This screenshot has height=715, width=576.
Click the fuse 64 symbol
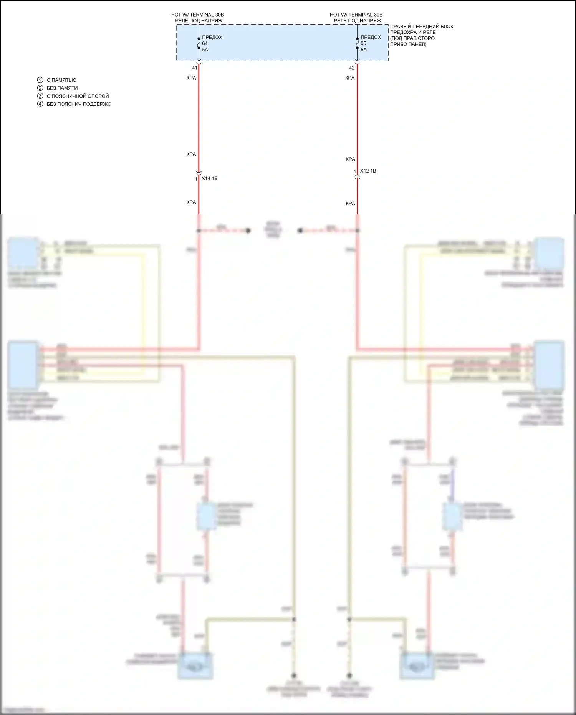click(199, 43)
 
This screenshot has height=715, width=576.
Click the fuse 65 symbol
click(358, 43)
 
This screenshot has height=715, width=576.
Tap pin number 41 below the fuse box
click(195, 68)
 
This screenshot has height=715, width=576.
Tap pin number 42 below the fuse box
click(352, 68)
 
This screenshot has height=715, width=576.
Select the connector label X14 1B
click(209, 178)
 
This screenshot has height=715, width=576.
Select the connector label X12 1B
click(368, 171)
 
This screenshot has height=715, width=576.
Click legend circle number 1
click(40, 80)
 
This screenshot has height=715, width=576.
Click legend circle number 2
click(40, 88)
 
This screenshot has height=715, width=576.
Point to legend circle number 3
click(40, 96)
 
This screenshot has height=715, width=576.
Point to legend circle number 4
click(40, 104)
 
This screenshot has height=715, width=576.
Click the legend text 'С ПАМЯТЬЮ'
click(61, 80)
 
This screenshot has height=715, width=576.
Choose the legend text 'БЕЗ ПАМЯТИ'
click(62, 88)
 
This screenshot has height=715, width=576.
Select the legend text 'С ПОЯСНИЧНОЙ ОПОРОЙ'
click(78, 96)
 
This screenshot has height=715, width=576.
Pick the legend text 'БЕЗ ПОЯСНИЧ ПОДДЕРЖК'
click(79, 104)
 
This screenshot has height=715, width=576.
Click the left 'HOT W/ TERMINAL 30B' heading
click(197, 15)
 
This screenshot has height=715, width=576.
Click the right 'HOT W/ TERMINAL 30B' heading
click(356, 15)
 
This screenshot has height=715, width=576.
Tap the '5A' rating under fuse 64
click(205, 50)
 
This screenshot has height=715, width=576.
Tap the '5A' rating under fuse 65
click(364, 50)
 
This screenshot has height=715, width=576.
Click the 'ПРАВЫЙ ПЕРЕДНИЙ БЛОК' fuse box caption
click(422, 27)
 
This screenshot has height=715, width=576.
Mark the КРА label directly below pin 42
click(350, 78)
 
